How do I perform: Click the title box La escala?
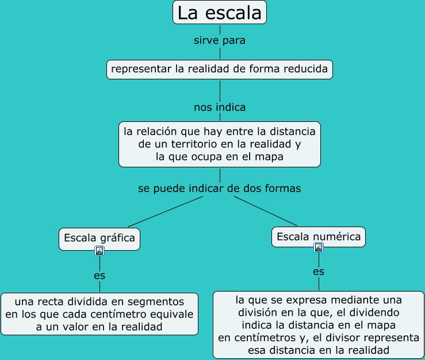(220, 13)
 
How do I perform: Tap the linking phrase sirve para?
(220, 41)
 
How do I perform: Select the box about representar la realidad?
(220, 70)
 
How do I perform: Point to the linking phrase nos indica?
(220, 107)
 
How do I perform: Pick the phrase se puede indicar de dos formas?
(220, 188)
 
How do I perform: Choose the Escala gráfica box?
(99, 238)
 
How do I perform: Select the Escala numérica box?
(319, 236)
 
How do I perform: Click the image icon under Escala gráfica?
(99, 251)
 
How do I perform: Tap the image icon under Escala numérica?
(319, 247)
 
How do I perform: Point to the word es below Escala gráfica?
(99, 275)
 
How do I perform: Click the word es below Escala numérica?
(319, 271)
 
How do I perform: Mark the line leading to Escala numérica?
(266, 212)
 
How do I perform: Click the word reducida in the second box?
(304, 70)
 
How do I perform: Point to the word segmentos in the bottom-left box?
(158, 301)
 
